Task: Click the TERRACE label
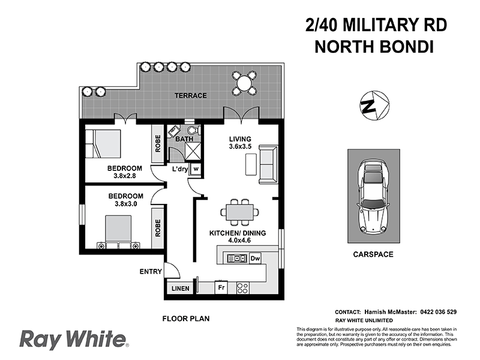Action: point(191,95)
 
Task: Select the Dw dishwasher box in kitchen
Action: point(254,259)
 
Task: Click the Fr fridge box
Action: point(221,288)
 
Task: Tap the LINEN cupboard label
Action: point(181,289)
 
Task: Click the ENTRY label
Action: point(150,271)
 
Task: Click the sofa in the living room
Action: point(268,164)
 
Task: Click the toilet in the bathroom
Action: point(191,130)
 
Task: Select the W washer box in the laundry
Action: point(196,169)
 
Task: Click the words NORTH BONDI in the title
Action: point(373,46)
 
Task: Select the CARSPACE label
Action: point(373,254)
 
